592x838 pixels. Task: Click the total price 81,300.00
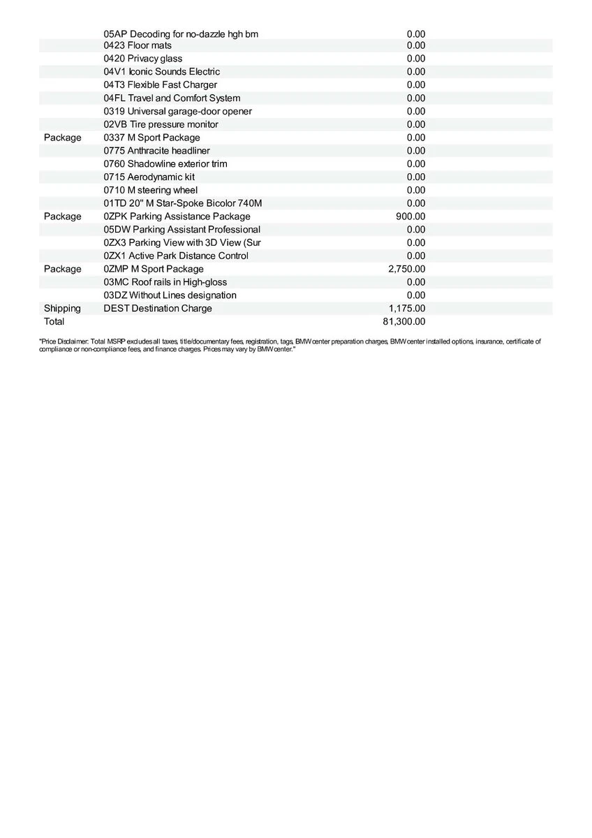point(404,321)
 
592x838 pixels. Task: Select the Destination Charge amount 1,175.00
point(407,308)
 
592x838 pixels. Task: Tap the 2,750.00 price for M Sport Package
point(407,269)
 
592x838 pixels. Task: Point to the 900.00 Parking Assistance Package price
point(410,216)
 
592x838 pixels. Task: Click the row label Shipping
point(62,308)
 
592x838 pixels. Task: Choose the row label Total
point(54,321)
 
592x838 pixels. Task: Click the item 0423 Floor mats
point(138,45)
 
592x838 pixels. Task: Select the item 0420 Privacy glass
point(143,59)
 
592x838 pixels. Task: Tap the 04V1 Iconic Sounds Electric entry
point(162,72)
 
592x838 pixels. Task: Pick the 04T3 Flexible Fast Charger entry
point(161,85)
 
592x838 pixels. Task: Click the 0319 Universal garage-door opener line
point(178,111)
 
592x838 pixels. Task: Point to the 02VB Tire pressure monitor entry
point(161,124)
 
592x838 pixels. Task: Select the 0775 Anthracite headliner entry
point(157,151)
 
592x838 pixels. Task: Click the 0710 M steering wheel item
point(151,190)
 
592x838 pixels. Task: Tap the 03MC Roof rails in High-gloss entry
point(165,282)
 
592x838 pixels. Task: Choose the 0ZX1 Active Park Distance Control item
point(176,256)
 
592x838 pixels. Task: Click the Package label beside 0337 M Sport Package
point(62,138)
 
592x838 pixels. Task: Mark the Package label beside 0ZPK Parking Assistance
point(62,216)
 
